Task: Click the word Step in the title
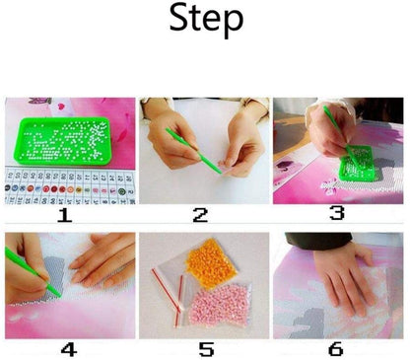206,20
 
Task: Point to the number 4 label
67,349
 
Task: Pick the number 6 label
337,349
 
